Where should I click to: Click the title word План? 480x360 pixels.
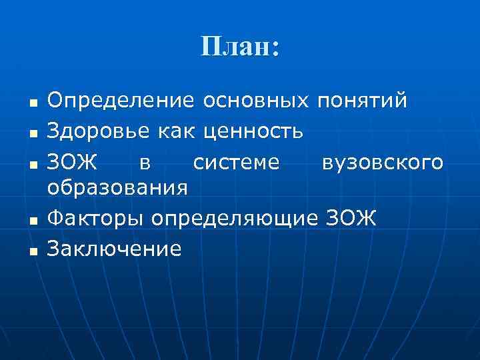(x=237, y=47)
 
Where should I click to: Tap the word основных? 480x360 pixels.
(x=257, y=101)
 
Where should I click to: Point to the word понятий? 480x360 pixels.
(x=363, y=102)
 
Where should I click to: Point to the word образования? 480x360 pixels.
(x=118, y=189)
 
